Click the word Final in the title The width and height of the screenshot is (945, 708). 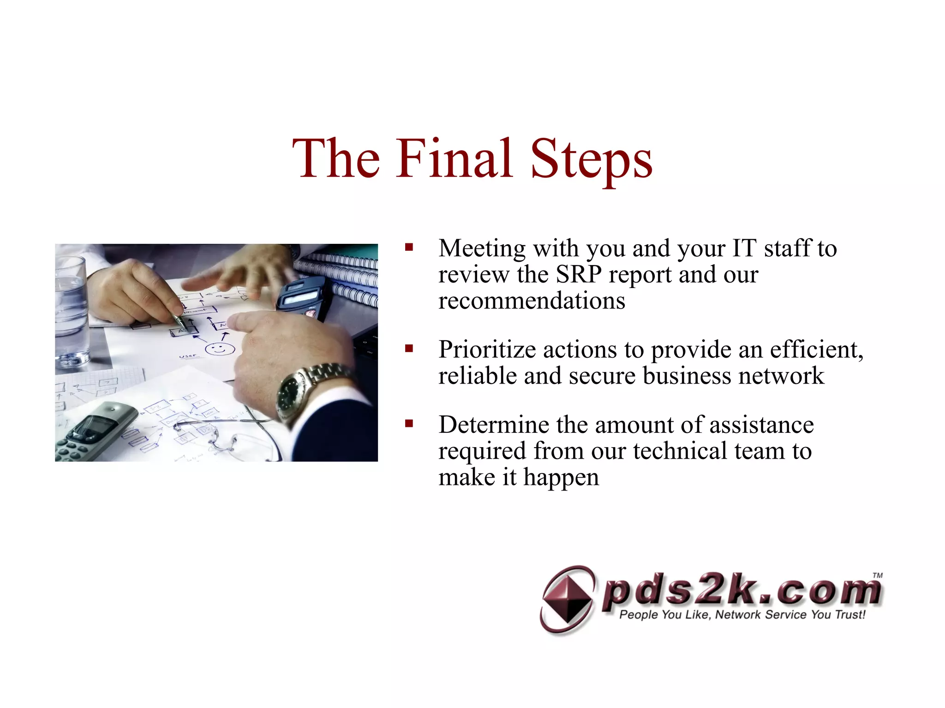pos(455,159)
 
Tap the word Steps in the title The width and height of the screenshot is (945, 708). pos(591,159)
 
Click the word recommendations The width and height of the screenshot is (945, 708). pos(532,301)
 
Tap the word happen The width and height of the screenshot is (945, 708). pos(561,478)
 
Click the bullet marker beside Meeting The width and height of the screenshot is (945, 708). pos(409,248)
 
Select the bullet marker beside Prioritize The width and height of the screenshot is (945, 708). pos(409,348)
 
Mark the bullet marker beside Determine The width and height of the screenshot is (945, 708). pos(409,424)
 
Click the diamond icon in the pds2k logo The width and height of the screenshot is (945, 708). pos(567,600)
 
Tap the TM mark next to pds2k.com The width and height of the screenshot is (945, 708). pos(877,575)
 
